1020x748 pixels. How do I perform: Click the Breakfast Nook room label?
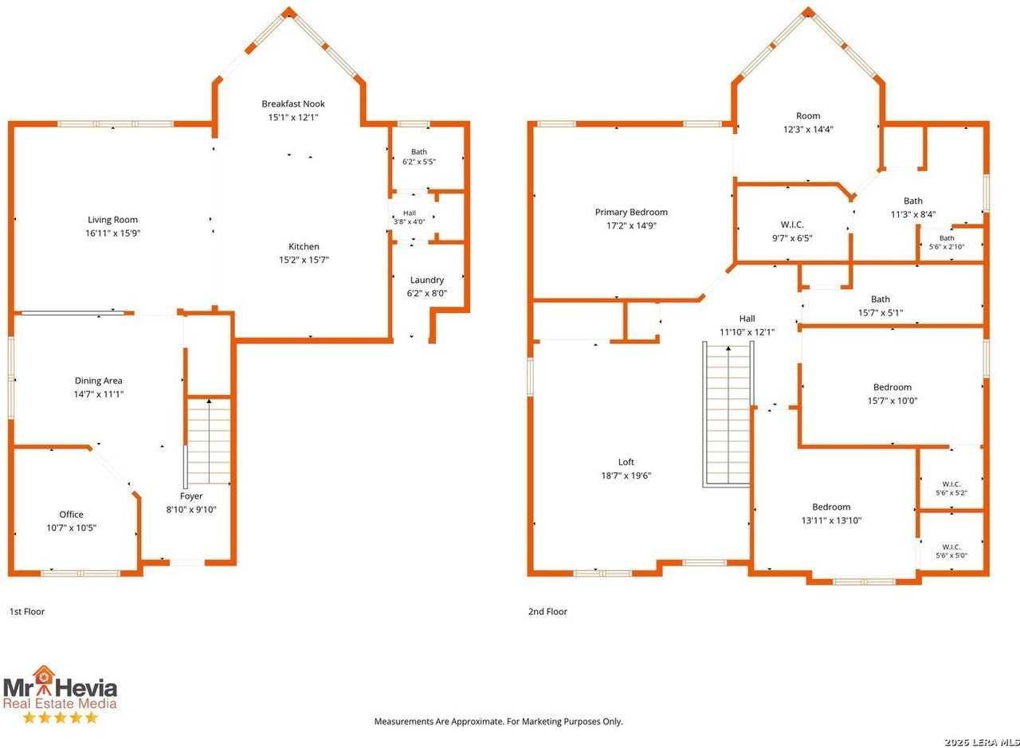point(293,104)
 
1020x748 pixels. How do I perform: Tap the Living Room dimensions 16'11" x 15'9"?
point(113,233)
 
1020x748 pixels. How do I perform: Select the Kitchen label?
point(304,246)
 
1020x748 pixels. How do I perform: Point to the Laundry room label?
point(426,280)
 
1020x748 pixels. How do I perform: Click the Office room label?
point(72,515)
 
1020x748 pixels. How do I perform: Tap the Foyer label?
point(191,496)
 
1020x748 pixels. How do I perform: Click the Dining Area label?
point(98,381)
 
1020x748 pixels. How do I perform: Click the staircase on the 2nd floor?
point(728,414)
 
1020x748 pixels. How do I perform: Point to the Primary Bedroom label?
point(631,212)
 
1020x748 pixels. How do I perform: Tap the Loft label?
point(626,462)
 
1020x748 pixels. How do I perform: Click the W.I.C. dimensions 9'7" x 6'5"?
point(792,238)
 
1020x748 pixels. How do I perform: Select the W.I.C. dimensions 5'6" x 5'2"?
point(951,492)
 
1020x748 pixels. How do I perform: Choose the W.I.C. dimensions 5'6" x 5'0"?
point(951,555)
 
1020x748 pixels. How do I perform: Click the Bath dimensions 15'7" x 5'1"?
point(881,313)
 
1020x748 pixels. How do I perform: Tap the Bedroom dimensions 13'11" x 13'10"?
point(831,520)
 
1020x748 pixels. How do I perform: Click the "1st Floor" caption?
point(27,612)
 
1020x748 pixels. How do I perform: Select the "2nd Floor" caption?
point(547,612)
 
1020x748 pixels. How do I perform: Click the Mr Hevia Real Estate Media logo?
point(60,695)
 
